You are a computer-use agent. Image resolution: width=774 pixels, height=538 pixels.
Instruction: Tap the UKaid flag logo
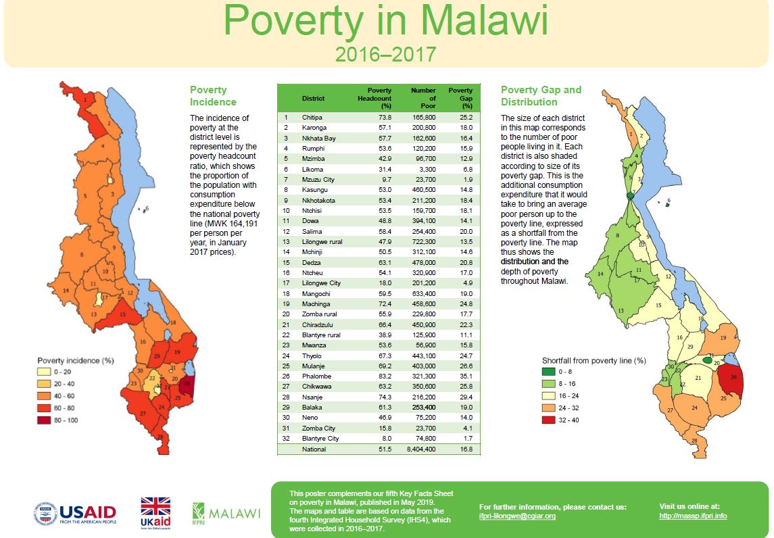pyautogui.click(x=155, y=513)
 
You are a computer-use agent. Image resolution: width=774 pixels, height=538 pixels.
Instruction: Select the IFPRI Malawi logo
pyautogui.click(x=226, y=513)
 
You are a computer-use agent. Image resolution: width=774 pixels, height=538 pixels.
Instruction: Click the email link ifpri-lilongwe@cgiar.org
pyautogui.click(x=517, y=516)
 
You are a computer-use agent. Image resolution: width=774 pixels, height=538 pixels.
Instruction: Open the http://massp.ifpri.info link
pyautogui.click(x=693, y=516)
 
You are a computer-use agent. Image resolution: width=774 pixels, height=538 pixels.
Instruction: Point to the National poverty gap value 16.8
pyautogui.click(x=465, y=449)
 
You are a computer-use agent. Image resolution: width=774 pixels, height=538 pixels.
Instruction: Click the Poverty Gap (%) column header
pyautogui.click(x=461, y=98)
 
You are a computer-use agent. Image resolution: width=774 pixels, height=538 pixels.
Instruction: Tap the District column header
pyautogui.click(x=313, y=99)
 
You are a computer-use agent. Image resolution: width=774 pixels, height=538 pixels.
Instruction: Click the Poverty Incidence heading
pyautogui.click(x=213, y=96)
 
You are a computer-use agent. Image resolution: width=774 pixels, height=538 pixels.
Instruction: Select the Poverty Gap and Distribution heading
pyautogui.click(x=541, y=96)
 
